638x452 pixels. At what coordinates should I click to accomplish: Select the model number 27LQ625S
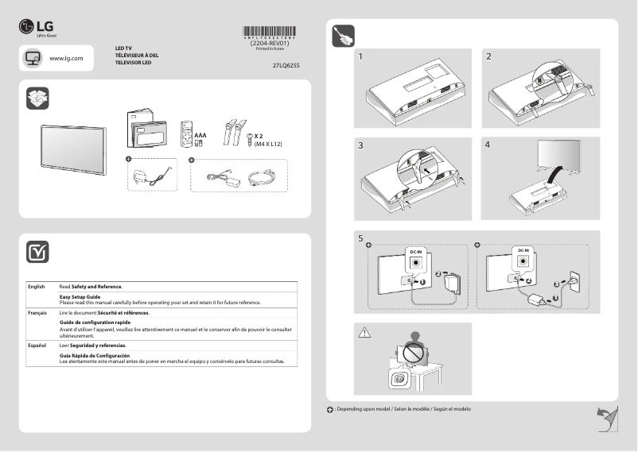tap(286, 68)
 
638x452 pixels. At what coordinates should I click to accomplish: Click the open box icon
tap(37, 98)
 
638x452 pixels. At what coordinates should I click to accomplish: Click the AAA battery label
tap(200, 136)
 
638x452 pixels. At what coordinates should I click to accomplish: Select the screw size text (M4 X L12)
tap(269, 144)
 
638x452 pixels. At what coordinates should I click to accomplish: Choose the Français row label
tap(37, 314)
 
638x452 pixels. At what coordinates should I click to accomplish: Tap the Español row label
tap(37, 346)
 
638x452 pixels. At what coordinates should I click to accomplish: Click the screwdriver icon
tap(343, 37)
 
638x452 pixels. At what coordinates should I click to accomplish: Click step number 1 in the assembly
tap(362, 57)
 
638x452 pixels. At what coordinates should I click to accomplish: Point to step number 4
tap(488, 146)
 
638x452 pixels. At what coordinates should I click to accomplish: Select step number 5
tap(361, 238)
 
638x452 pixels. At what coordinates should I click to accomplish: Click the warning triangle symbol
tap(365, 332)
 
